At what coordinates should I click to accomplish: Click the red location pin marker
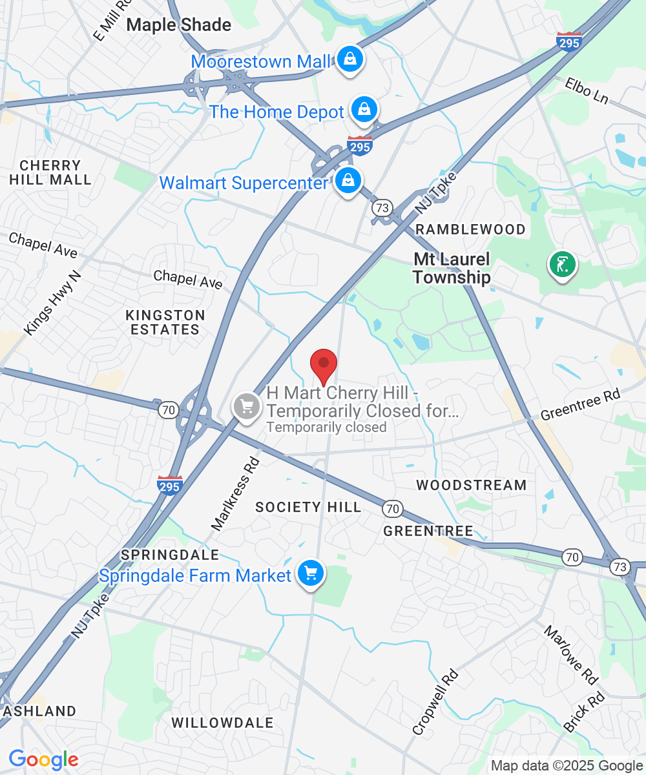click(x=324, y=365)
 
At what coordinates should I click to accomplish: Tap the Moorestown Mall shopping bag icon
click(x=349, y=59)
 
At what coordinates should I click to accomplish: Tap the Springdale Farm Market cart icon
click(x=311, y=572)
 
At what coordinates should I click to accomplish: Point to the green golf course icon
click(x=562, y=264)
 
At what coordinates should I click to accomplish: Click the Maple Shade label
click(x=179, y=25)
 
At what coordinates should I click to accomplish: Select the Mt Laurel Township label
click(x=452, y=268)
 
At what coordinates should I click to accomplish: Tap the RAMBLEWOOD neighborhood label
click(x=470, y=229)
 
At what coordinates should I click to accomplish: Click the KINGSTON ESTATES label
click(x=165, y=322)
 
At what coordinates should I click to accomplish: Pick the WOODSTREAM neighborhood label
click(x=472, y=484)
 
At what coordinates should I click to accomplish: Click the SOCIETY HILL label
click(x=308, y=507)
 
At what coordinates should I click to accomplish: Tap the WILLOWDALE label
click(x=223, y=723)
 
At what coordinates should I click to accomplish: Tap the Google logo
click(x=43, y=759)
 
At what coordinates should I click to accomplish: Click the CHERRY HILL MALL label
click(x=50, y=172)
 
